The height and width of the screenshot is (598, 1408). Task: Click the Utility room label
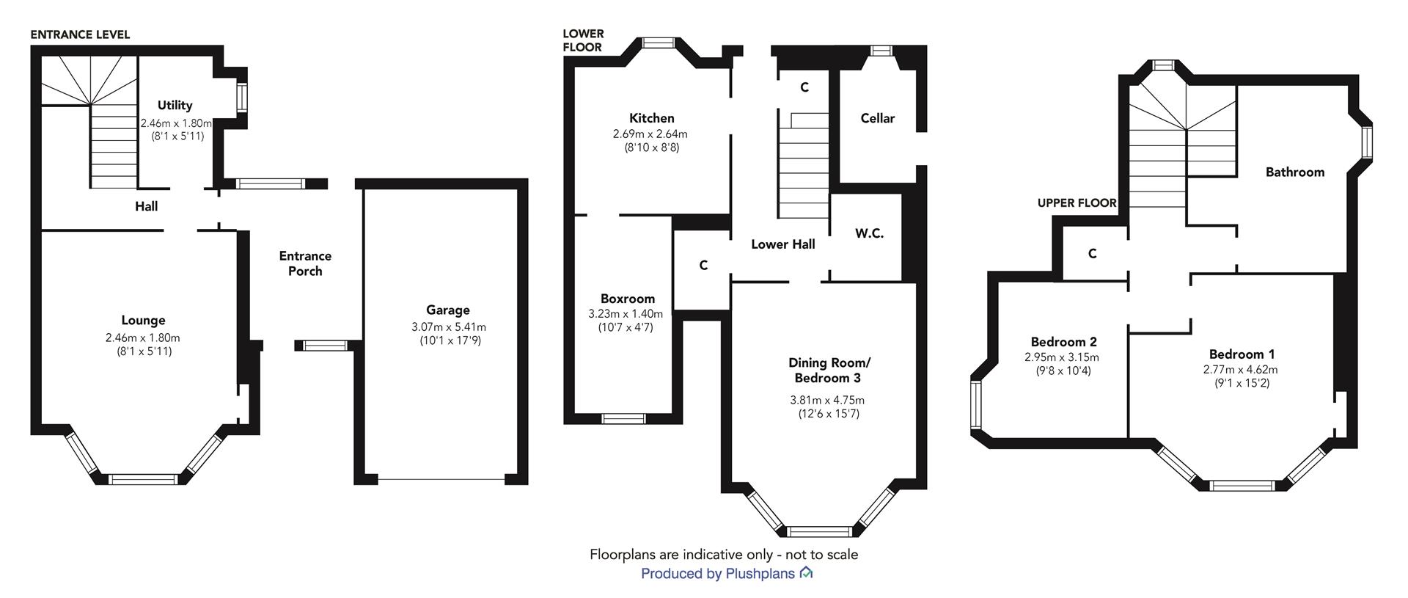175,106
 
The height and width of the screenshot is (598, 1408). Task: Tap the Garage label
448,310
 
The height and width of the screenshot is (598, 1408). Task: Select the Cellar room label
878,118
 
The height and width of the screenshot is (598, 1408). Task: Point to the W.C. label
869,233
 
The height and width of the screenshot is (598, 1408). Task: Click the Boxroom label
628,299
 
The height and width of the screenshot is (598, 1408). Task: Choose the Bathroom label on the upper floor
1295,172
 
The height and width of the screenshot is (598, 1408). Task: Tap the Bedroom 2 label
1063,342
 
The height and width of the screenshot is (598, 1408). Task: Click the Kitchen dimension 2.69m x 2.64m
650,134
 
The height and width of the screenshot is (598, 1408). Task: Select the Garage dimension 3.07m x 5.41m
449,327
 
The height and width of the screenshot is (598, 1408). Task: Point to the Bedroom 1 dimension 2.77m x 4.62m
1240,370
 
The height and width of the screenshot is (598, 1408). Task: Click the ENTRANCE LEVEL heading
80,34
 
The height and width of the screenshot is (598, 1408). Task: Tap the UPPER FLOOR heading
1077,203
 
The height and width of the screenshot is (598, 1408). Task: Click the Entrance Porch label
305,263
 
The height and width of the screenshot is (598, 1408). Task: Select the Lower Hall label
783,244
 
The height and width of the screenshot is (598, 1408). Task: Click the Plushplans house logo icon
806,573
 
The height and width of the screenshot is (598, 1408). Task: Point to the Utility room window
241,97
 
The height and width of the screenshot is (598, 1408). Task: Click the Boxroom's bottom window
623,419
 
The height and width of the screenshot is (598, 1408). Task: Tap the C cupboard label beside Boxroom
703,266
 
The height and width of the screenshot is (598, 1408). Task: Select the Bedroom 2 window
976,405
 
